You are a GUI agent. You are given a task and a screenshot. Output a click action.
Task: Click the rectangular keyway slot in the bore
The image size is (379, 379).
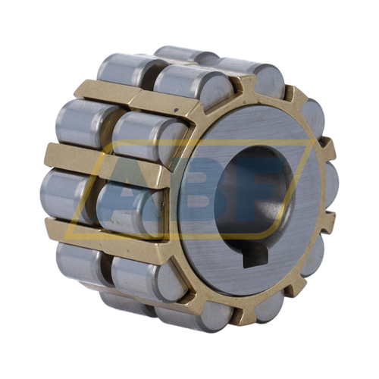[x=255, y=257]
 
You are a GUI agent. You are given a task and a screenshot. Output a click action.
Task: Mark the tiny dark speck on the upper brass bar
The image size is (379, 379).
[x=176, y=110]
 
